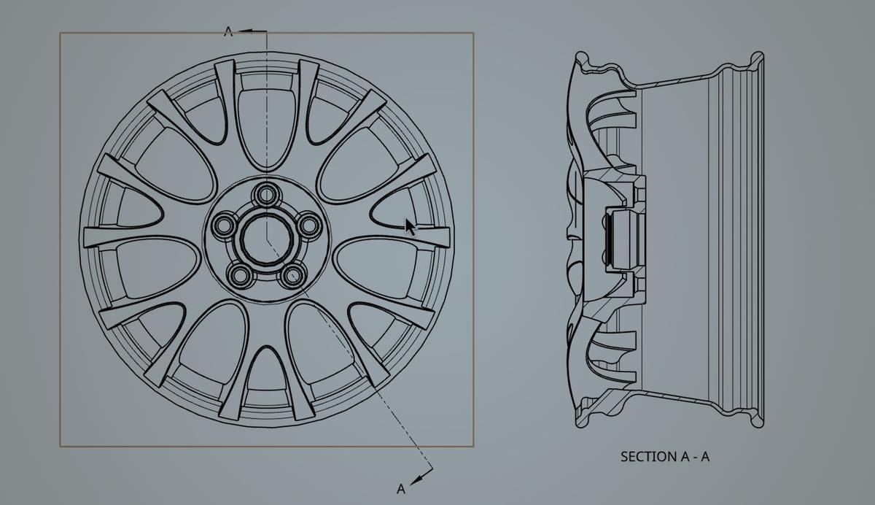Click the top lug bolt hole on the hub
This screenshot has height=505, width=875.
266,194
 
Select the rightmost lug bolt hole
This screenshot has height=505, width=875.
309,223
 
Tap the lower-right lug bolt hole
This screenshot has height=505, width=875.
293,275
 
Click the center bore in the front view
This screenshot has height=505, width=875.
266,238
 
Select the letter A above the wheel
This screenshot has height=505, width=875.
228,31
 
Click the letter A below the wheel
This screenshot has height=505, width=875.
400,488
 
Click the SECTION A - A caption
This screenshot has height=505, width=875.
664,457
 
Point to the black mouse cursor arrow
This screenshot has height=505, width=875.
411,226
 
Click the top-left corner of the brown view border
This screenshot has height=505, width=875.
61,33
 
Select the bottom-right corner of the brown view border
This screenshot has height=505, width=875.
473,446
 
